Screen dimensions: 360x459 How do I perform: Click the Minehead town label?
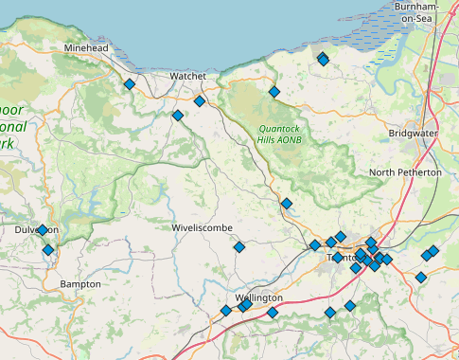[87, 47]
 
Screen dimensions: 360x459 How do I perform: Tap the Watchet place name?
[187, 76]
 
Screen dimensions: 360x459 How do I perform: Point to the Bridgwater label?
[413, 134]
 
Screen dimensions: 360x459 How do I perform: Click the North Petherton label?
[405, 172]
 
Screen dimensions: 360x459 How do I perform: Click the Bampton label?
[79, 284]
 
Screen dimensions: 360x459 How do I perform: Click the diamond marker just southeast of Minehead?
[130, 84]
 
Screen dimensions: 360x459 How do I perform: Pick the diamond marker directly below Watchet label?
[200, 100]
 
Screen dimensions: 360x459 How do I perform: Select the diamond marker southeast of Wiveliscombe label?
[239, 247]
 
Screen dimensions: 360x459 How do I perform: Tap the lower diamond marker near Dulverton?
[48, 250]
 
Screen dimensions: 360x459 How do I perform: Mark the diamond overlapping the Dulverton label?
[43, 230]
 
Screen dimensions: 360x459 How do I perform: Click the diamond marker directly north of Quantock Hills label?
[274, 92]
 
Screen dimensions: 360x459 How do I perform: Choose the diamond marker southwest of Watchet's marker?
[177, 116]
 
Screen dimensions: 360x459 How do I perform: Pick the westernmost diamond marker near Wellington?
[226, 310]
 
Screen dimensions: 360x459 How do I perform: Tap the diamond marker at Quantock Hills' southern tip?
[287, 203]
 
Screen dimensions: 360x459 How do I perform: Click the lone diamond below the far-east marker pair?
[420, 278]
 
